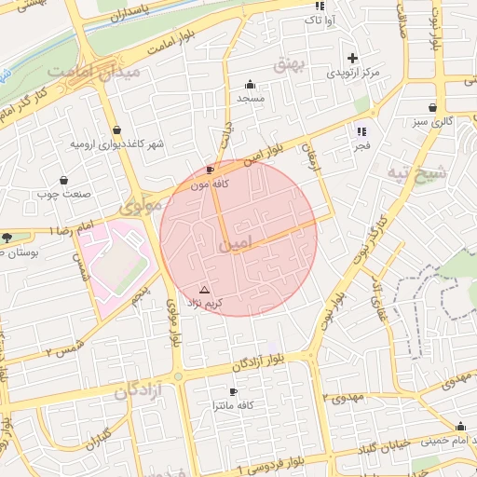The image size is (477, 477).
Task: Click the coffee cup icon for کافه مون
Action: pos(210,170)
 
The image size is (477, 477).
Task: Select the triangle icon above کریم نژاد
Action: pos(205,290)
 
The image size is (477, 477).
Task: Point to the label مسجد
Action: pos(251,98)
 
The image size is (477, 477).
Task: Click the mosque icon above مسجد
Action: pos(250,84)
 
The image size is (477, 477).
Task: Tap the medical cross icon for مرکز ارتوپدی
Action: pos(352,58)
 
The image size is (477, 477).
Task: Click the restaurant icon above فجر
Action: pos(361,131)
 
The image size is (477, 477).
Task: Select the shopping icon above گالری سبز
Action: pos(434,107)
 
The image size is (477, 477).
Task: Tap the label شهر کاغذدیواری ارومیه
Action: pos(116,144)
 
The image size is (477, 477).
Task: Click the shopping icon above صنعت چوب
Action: pos(63,180)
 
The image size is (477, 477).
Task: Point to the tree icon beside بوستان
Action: pos(8,238)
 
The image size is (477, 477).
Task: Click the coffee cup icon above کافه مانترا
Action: pos(233,391)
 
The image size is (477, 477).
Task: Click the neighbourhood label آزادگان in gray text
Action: pos(139,392)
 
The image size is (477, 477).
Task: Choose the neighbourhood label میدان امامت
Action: pos(96,71)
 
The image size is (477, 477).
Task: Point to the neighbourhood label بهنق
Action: pos(290,63)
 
